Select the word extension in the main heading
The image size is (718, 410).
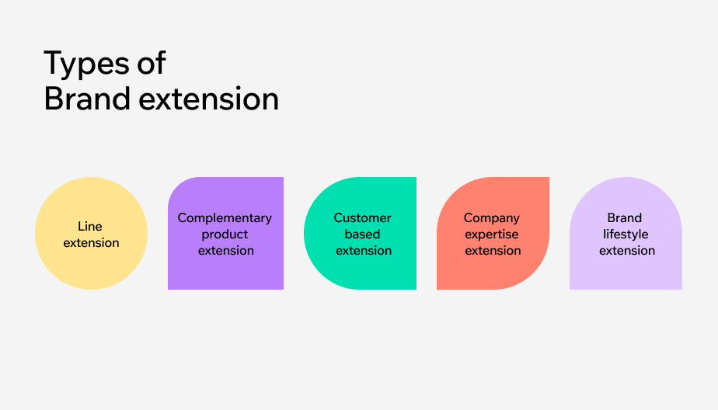[207, 99]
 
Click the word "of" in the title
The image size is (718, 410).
[149, 62]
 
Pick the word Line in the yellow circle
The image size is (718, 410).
[90, 226]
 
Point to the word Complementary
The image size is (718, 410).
[225, 218]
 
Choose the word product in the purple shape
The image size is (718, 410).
[225, 234]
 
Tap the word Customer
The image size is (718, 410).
[363, 218]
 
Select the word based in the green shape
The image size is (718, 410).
[363, 234]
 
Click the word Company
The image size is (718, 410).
[491, 218]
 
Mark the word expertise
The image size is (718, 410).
[493, 235]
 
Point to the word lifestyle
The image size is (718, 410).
[626, 234]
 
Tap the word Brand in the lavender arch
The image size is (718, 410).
[625, 218]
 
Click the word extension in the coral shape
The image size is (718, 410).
[493, 250]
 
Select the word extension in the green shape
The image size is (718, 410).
[363, 250]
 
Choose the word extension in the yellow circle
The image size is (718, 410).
[91, 242]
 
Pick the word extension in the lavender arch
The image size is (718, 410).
[626, 250]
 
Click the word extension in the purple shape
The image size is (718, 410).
[225, 250]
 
